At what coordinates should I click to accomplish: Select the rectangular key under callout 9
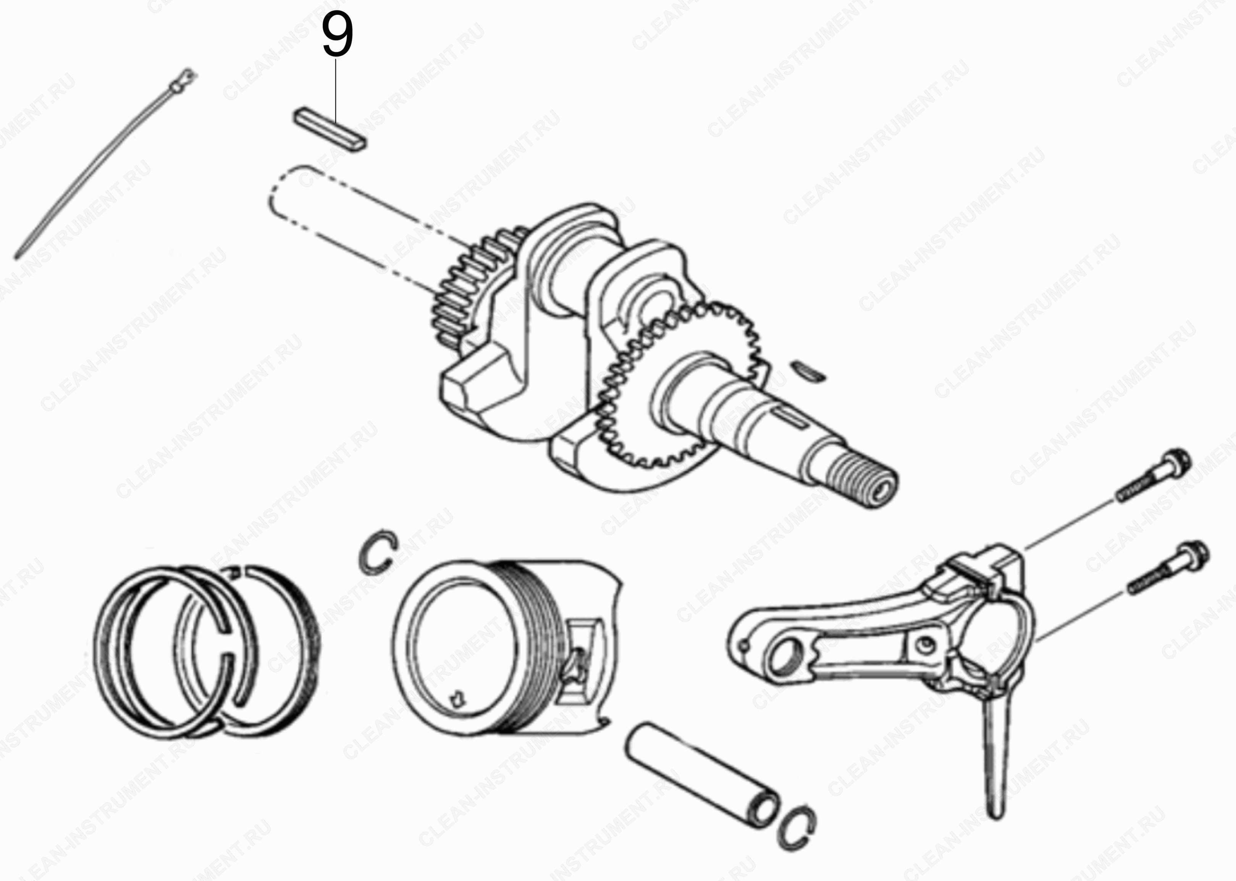click(330, 130)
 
